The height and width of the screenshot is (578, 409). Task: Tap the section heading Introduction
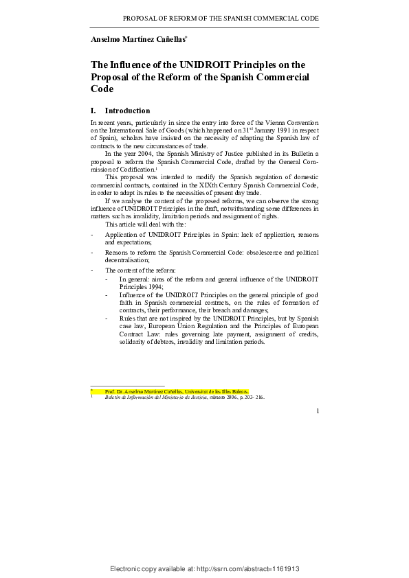(x=127, y=111)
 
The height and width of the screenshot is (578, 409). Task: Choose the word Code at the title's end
(x=102, y=89)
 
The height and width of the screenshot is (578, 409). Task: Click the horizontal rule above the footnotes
(x=128, y=386)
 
